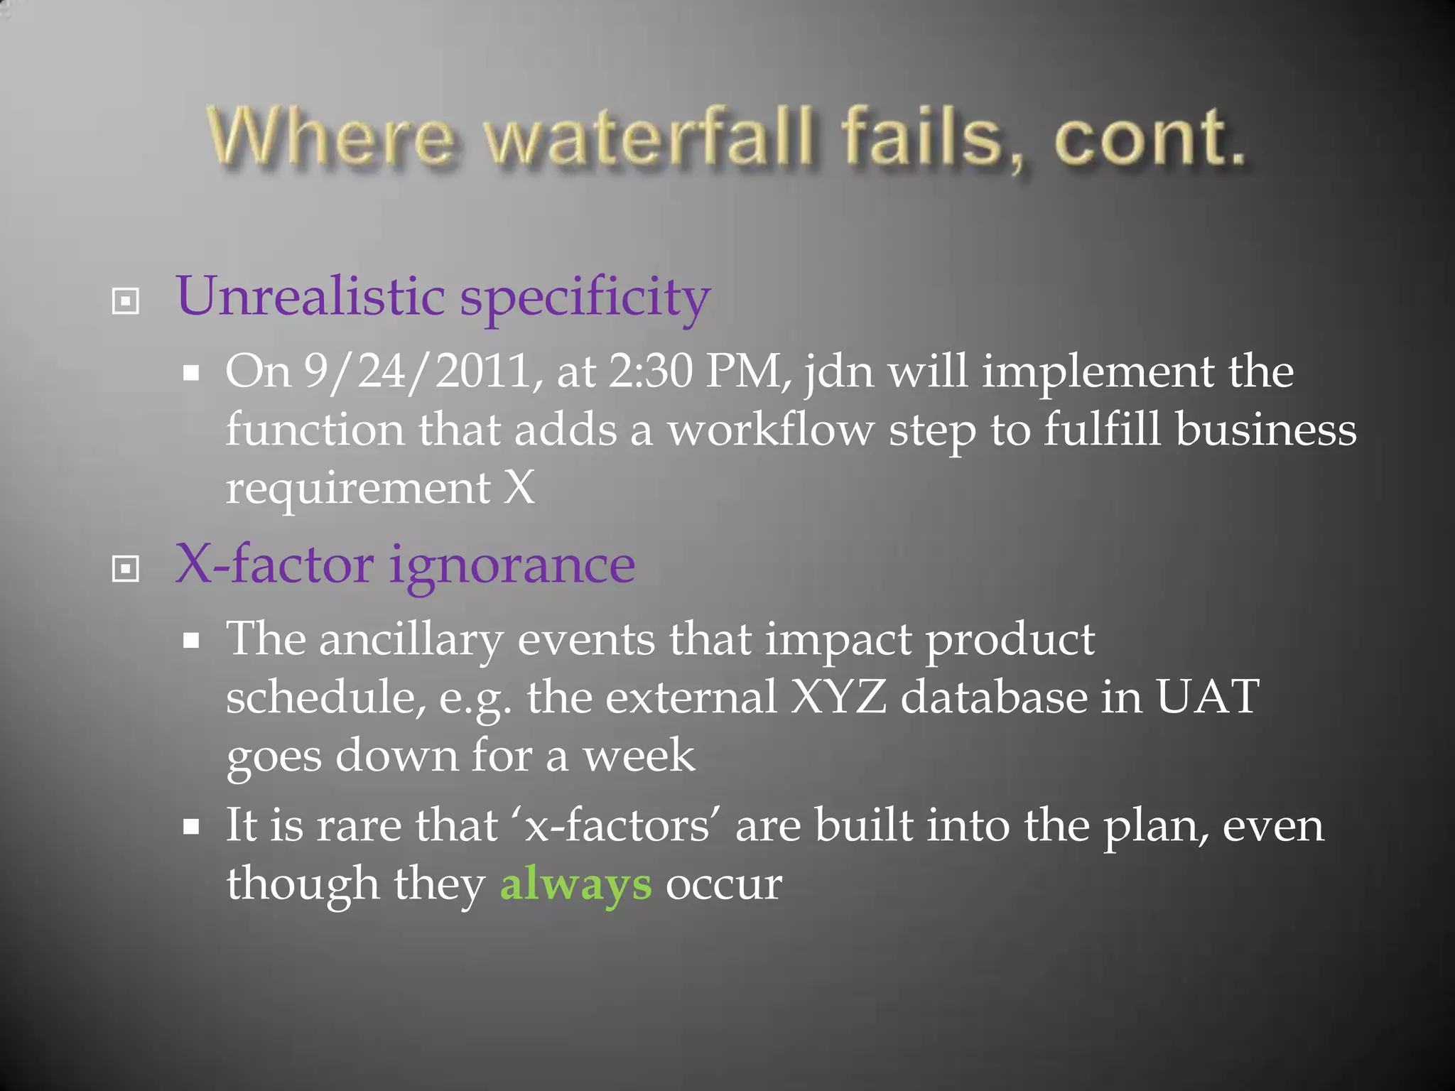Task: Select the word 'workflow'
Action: click(x=771, y=430)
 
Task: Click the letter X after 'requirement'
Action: click(x=519, y=489)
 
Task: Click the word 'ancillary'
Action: click(x=411, y=641)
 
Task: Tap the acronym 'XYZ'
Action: click(x=838, y=698)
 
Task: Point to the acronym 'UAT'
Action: click(x=1207, y=698)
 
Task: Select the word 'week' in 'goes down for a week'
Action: click(x=639, y=756)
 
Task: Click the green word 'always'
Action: click(x=575, y=885)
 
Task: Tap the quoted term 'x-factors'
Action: click(x=617, y=827)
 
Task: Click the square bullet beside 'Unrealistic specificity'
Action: click(x=126, y=301)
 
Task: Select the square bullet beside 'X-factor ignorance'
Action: click(x=126, y=568)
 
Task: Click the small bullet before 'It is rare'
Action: click(x=190, y=827)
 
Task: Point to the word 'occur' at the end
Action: click(x=723, y=885)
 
